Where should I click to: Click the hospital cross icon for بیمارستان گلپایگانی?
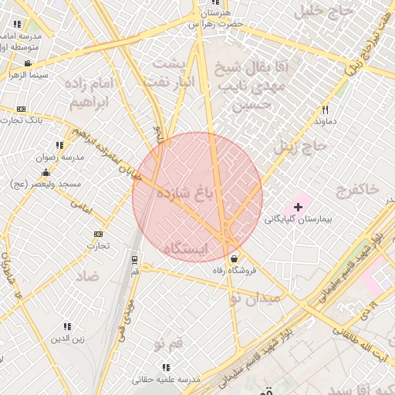299,207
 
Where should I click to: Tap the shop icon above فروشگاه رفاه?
234,257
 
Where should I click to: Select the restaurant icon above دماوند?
325,110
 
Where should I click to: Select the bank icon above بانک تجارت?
21,109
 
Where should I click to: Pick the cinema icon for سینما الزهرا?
28,63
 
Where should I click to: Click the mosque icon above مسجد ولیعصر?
46,173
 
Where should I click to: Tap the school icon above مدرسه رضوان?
59,144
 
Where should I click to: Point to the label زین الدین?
68,338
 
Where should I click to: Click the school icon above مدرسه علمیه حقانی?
165,367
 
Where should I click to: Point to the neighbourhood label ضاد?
88,275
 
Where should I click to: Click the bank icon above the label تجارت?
98,234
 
